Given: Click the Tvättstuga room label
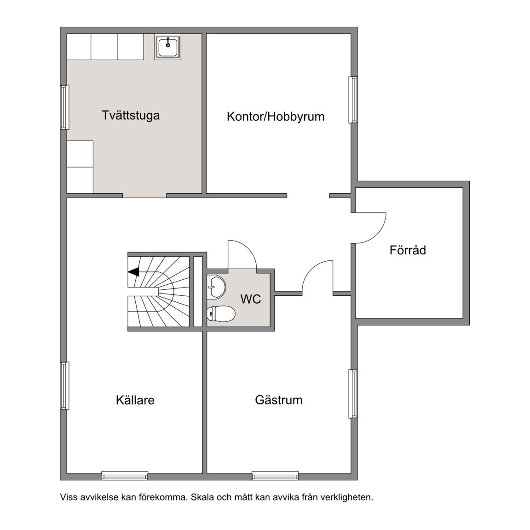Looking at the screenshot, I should tap(131, 115).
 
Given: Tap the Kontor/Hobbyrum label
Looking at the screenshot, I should tap(276, 116).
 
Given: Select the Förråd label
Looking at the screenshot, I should tap(408, 250).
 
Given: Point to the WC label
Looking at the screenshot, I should tap(251, 299).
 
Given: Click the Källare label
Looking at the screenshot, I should tap(135, 400).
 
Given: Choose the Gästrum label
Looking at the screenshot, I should tap(279, 400).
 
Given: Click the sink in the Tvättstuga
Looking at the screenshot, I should tap(167, 46).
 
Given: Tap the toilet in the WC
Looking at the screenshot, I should tap(221, 314).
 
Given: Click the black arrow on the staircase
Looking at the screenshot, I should tap(133, 271).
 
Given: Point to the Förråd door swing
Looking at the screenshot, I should tap(370, 228).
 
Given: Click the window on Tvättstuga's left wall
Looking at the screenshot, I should tap(64, 107).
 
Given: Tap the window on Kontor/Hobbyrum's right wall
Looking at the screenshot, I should tap(353, 100).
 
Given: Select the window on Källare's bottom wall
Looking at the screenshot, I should tap(125, 476).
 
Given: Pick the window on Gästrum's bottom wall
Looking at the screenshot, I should tap(275, 476).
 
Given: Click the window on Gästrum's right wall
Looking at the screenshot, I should tap(353, 394).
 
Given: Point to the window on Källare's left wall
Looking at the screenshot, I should tap(64, 386).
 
